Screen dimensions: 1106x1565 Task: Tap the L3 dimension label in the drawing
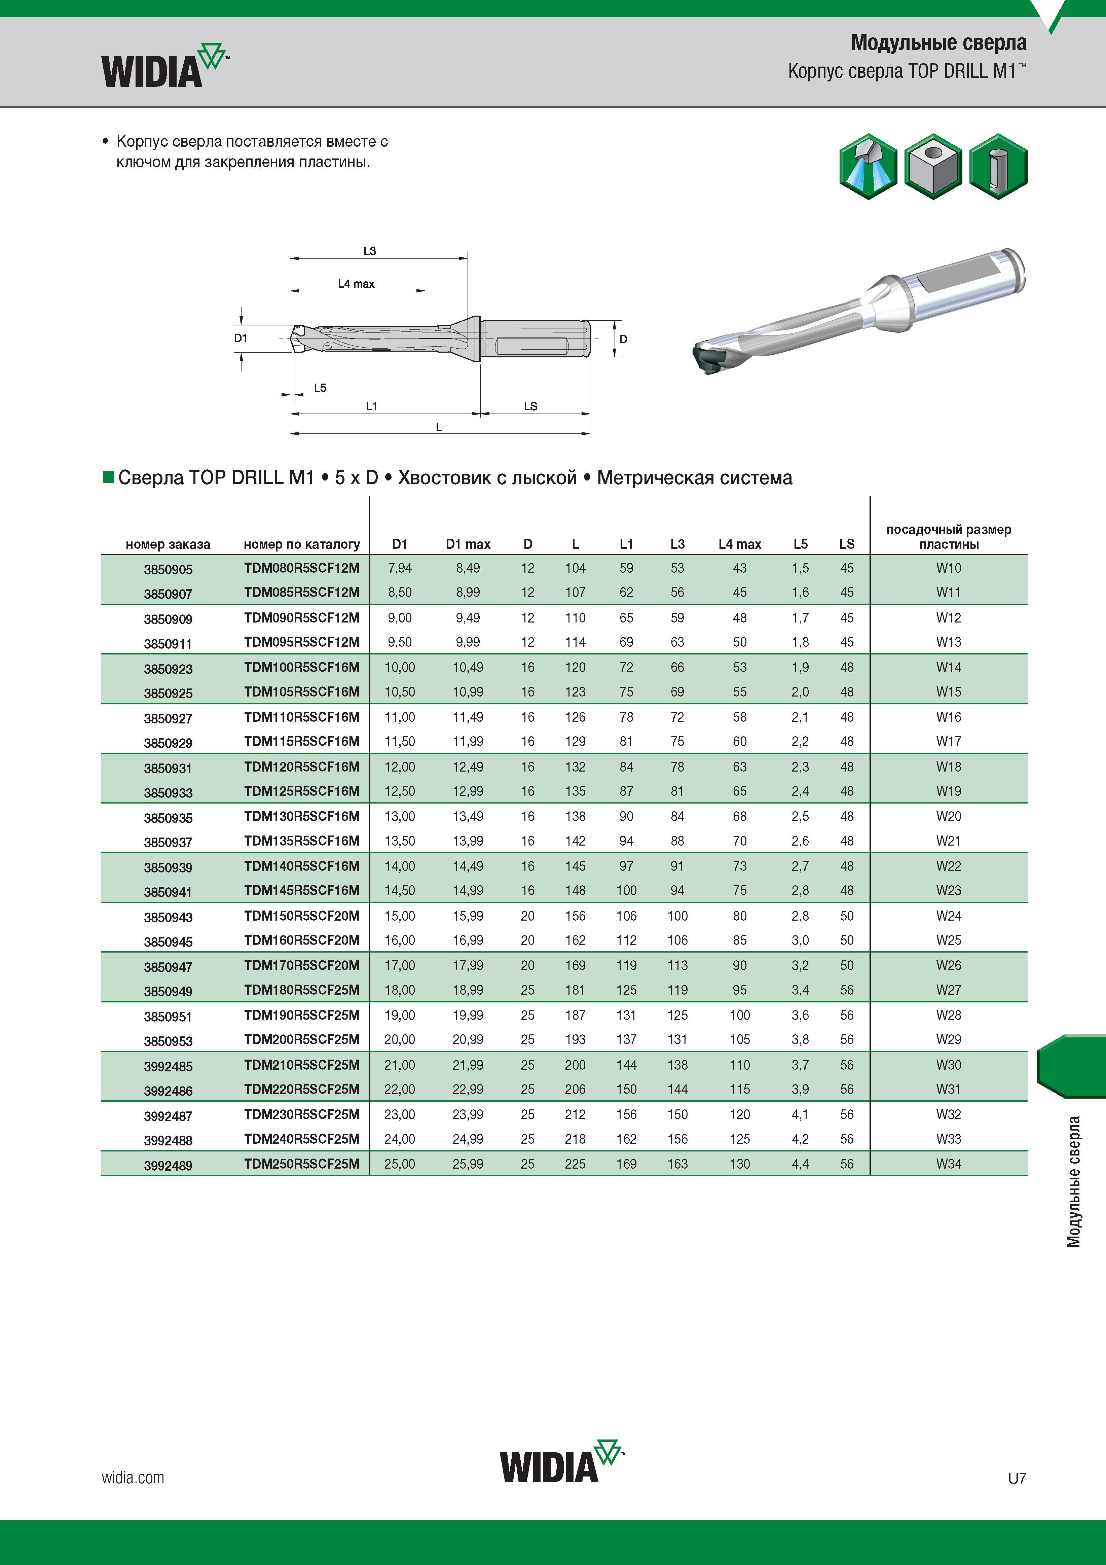tap(369, 251)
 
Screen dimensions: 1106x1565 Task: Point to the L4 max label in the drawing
tap(357, 284)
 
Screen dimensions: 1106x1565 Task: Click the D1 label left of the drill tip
tap(241, 338)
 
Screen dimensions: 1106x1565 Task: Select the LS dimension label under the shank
tap(531, 406)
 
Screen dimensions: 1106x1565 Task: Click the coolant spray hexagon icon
tap(868, 166)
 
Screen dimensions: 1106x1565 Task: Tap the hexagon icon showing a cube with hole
tap(933, 166)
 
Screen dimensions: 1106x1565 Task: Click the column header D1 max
tap(468, 544)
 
